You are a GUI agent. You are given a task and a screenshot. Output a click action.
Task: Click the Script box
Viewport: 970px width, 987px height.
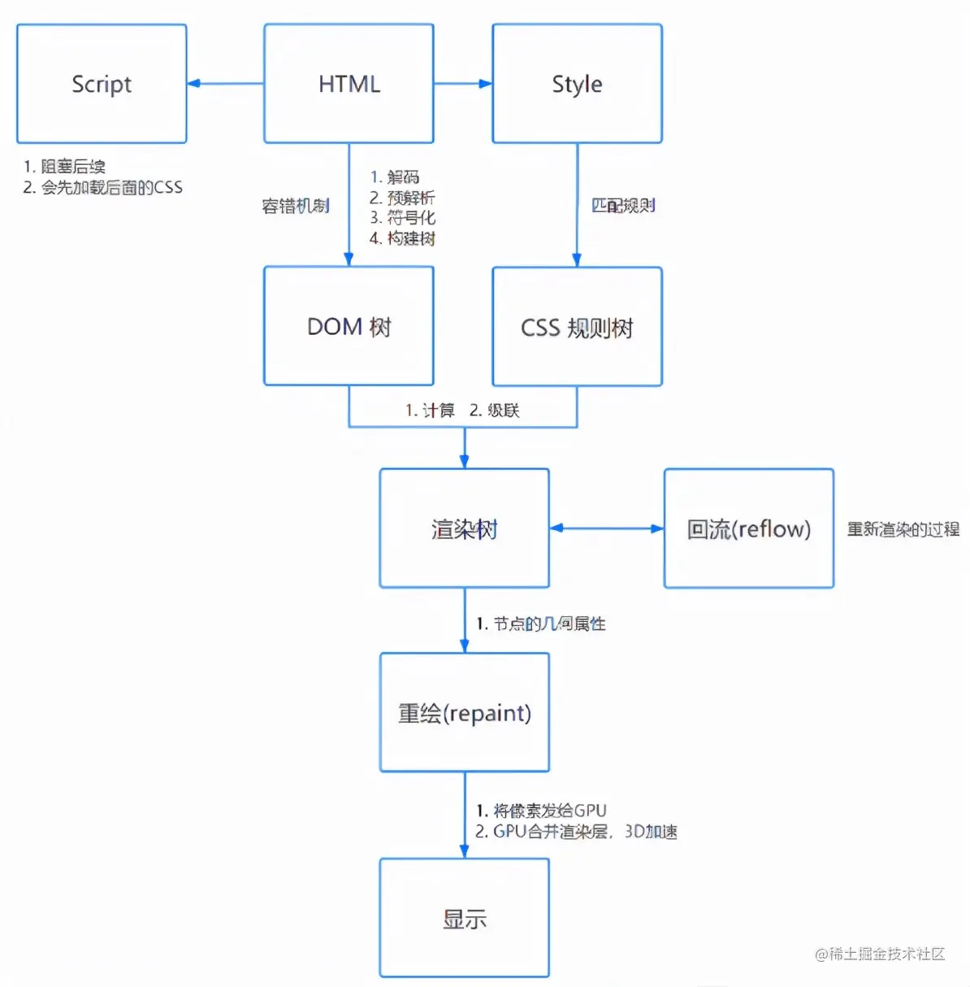click(102, 84)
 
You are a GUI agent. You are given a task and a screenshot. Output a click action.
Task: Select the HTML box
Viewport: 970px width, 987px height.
click(349, 84)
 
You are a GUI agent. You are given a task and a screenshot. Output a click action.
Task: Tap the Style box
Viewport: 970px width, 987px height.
click(577, 84)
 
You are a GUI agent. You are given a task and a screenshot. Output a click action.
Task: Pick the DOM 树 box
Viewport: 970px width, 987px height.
click(349, 326)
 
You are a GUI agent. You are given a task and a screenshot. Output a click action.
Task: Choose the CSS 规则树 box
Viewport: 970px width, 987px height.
click(577, 327)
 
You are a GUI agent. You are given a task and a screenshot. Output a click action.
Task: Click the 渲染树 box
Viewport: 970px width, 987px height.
click(464, 528)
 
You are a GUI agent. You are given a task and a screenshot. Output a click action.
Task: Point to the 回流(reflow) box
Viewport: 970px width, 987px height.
click(748, 528)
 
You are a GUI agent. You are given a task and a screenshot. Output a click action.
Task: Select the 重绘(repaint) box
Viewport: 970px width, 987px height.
click(464, 712)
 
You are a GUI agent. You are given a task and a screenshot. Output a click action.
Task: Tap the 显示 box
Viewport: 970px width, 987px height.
click(464, 918)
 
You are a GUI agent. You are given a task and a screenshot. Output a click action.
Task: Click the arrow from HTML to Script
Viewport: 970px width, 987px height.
click(225, 83)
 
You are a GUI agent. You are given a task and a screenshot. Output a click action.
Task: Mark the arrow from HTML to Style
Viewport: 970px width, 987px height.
click(463, 83)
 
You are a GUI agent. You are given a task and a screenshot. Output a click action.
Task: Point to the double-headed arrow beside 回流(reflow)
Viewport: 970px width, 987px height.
click(606, 528)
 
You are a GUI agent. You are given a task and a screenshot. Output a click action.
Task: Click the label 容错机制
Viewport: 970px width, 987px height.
click(296, 206)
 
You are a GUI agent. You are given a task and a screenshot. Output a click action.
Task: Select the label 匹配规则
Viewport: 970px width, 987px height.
click(623, 206)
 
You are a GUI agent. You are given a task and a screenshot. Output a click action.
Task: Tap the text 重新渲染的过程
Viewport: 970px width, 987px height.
click(903, 529)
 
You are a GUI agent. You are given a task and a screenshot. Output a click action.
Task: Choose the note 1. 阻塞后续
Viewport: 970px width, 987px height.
click(65, 167)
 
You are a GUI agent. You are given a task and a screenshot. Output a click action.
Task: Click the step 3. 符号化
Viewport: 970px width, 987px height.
click(402, 218)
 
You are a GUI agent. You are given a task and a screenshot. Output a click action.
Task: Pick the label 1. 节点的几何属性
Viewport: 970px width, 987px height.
click(541, 624)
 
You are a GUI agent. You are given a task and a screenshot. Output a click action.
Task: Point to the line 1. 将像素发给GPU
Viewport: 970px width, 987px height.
click(541, 811)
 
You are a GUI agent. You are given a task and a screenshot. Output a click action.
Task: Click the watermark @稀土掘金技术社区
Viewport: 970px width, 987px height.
click(880, 954)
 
